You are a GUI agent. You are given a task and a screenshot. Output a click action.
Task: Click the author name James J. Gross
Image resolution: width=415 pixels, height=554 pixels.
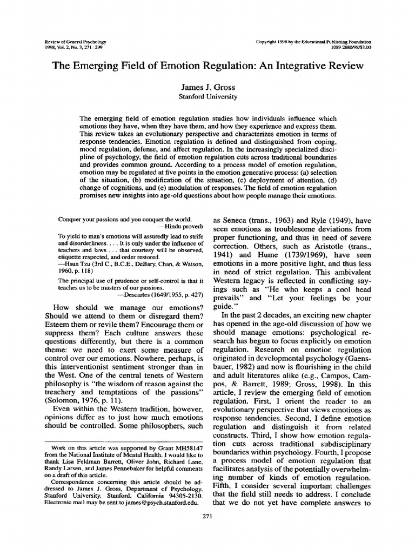pos(207,87)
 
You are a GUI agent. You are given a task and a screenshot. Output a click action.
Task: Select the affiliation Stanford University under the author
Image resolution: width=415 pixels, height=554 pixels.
pos(207,96)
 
